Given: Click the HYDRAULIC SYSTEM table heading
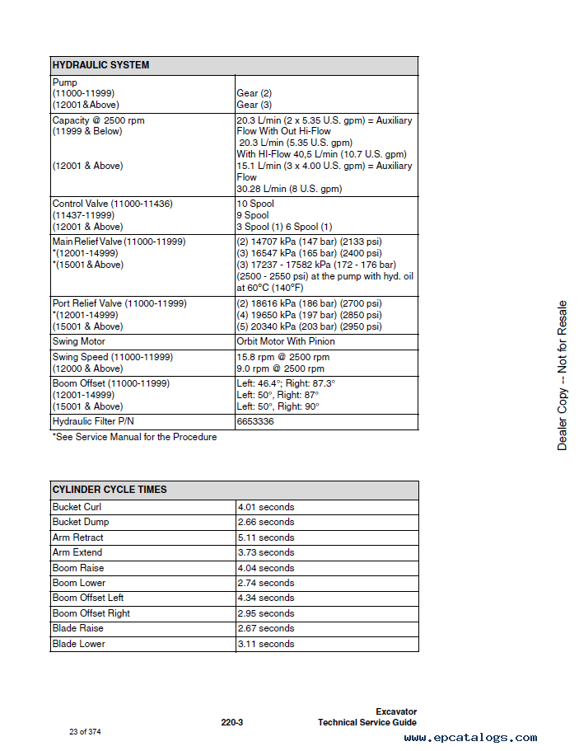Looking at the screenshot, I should click(100, 65).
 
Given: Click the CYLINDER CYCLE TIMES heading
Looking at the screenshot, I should click(110, 490).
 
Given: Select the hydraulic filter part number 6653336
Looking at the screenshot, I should click(255, 421).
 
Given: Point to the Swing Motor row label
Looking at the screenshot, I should click(79, 341).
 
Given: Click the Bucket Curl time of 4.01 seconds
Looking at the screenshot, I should click(266, 507).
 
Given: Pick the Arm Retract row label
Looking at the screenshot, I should click(78, 537).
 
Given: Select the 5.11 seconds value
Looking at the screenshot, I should click(266, 537).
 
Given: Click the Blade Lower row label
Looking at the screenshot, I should click(79, 644).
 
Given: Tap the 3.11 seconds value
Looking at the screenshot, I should click(266, 644).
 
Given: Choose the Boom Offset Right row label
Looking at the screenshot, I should click(91, 613).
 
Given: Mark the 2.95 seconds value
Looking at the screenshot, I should click(266, 613).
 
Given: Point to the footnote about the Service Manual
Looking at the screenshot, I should click(134, 437).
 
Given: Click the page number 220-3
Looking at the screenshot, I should click(231, 723).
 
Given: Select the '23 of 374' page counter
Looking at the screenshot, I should click(85, 732).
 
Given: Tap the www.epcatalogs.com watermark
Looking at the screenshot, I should click(470, 738).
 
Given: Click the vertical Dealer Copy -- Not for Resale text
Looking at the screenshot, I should click(562, 376).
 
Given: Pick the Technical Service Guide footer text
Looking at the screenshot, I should click(367, 723).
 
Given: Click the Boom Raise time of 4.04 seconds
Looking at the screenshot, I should click(266, 568).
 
